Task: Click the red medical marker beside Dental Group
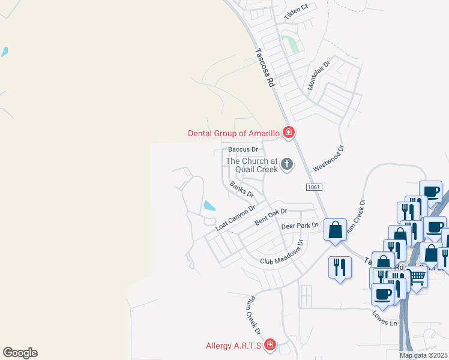289,133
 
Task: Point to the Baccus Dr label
243,149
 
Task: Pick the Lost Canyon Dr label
235,217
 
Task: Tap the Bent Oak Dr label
271,217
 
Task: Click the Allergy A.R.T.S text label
233,345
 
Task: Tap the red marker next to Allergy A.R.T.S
270,344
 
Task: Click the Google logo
20,353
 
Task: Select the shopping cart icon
417,277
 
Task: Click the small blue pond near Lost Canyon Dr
209,206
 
